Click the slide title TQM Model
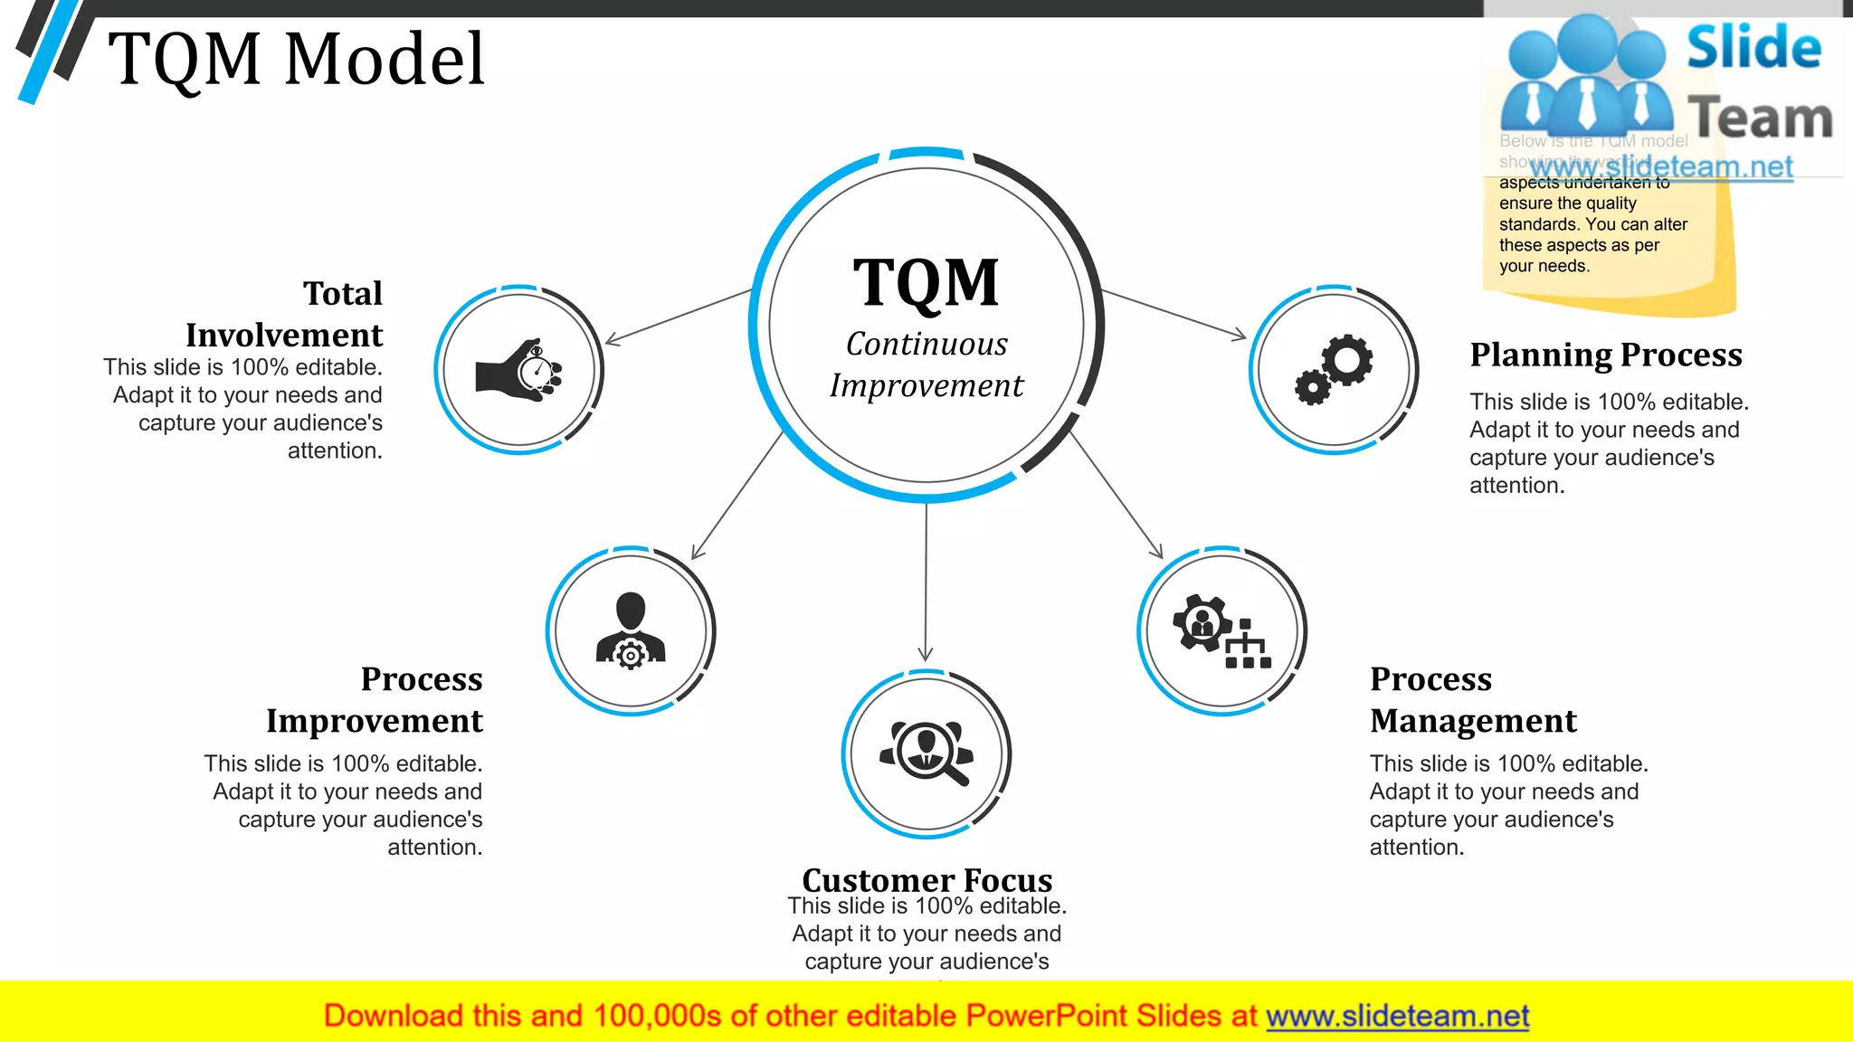click(x=296, y=60)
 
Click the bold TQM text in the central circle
click(x=926, y=283)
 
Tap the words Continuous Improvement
click(x=926, y=365)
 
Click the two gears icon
click(x=1334, y=370)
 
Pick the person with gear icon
click(x=631, y=630)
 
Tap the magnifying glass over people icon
click(x=926, y=753)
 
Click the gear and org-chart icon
click(x=1221, y=630)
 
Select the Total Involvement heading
click(x=284, y=314)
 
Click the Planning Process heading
click(x=1605, y=355)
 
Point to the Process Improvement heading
click(x=375, y=699)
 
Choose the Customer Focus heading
click(x=926, y=879)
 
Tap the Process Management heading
click(x=1473, y=699)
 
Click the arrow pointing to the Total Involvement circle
click(x=679, y=317)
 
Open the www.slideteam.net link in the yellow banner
click(x=1397, y=1016)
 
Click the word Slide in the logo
click(x=1753, y=47)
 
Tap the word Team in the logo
click(x=1760, y=118)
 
